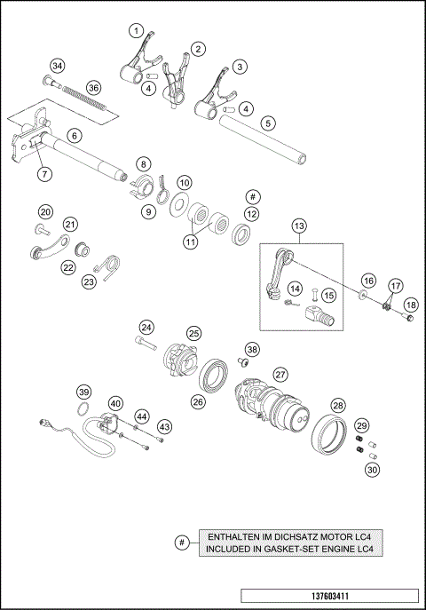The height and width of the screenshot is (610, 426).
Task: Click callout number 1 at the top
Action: click(135, 31)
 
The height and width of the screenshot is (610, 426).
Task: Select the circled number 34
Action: click(58, 67)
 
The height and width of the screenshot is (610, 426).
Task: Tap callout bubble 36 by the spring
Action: click(94, 88)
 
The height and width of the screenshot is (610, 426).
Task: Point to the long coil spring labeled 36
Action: click(89, 99)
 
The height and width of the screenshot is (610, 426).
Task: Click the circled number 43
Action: click(163, 427)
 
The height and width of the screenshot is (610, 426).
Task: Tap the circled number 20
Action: click(45, 211)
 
